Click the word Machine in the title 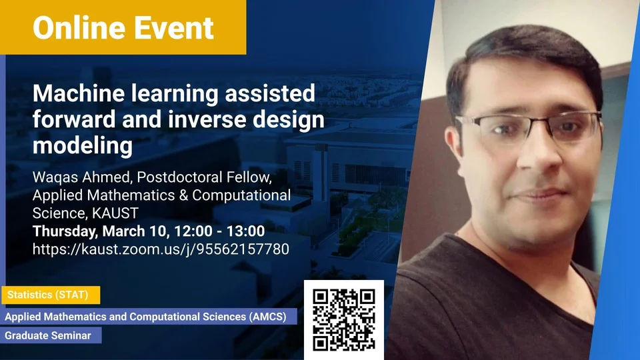(x=79, y=93)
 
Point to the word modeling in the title (x=83, y=146)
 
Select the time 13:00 (x=246, y=231)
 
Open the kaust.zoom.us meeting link (x=161, y=249)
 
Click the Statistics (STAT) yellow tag (x=51, y=295)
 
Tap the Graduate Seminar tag (x=51, y=335)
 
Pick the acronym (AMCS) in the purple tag (x=268, y=317)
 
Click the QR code (x=344, y=320)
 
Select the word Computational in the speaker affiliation (x=241, y=195)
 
